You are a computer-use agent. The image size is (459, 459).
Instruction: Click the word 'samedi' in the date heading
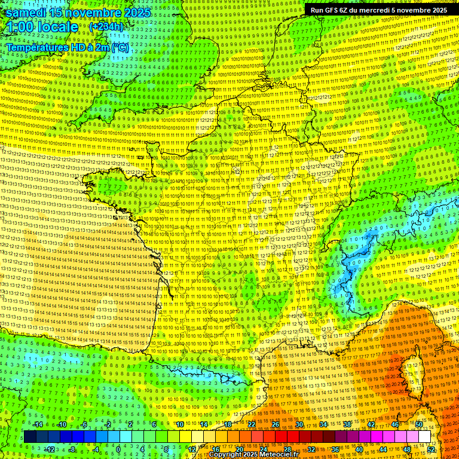(x=25, y=13)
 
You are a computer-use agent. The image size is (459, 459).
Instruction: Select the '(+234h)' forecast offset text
(x=106, y=27)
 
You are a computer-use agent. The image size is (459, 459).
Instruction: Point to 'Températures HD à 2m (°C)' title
(x=67, y=47)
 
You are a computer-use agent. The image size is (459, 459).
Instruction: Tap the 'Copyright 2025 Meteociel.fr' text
(x=253, y=455)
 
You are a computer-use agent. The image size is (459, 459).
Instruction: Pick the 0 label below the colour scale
(x=119, y=449)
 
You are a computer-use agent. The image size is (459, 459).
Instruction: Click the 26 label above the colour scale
(x=275, y=424)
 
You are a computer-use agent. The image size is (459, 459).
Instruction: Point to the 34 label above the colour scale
(x=323, y=424)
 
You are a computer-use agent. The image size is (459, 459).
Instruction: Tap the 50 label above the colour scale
(x=418, y=424)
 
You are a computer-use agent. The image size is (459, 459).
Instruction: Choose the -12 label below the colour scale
(x=50, y=449)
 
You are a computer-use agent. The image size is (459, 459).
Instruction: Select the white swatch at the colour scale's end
(x=424, y=437)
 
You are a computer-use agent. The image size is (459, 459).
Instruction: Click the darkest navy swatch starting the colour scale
(x=30, y=437)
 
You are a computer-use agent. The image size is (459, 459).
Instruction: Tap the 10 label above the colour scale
(x=179, y=424)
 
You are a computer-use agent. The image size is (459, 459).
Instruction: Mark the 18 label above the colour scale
(x=227, y=424)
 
